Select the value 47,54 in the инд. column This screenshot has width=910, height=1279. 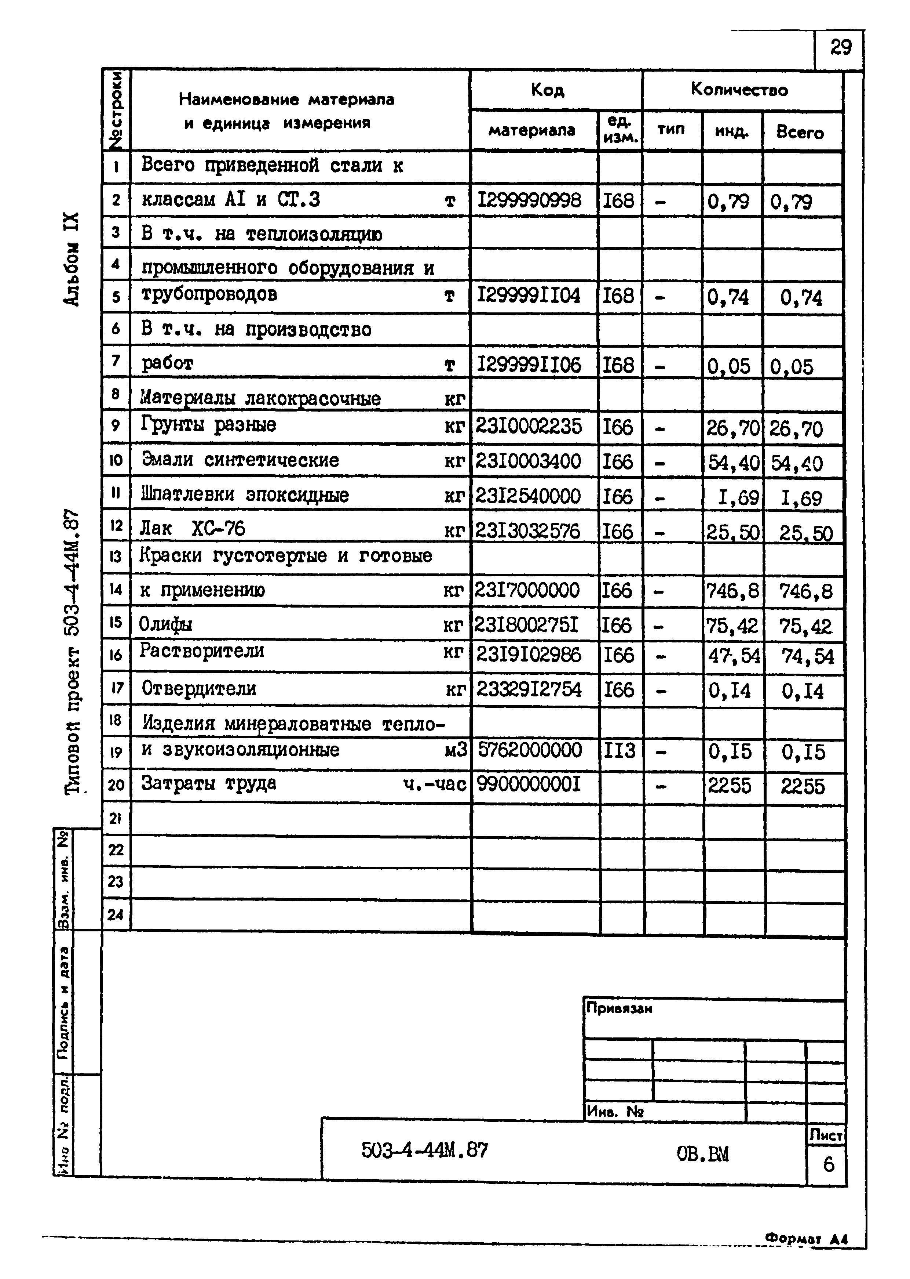pos(731,655)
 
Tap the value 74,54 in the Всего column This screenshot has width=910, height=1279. pos(807,656)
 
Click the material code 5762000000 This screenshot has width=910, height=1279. pos(530,750)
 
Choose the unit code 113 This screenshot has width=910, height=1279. pos(619,750)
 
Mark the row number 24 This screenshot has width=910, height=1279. pos(116,915)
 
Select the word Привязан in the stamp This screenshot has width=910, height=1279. pos(619,1008)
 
